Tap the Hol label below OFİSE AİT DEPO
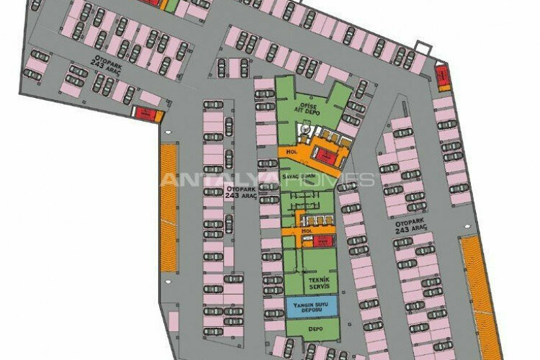[292, 153]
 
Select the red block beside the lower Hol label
[323, 240]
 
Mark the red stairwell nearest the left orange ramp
[146, 112]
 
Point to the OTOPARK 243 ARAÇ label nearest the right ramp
[411, 225]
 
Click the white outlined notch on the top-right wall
[425, 50]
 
